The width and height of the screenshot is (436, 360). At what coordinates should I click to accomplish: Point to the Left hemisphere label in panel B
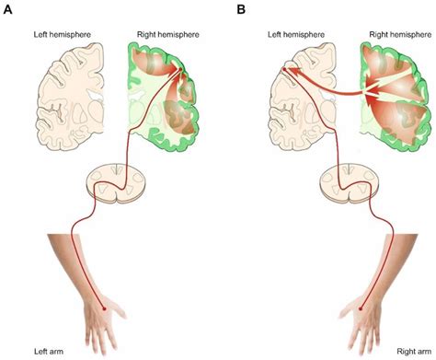pos(295,33)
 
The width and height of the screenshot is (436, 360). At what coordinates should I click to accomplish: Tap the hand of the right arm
pos(361,323)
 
